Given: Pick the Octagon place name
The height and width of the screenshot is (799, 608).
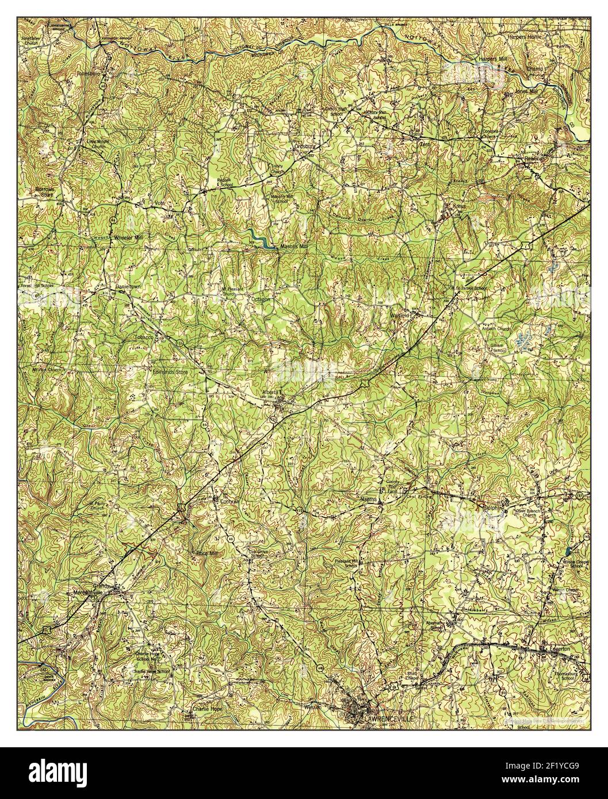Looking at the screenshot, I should click(260, 300).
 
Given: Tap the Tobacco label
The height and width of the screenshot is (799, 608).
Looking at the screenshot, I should click(143, 337).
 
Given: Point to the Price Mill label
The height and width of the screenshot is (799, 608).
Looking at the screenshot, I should click(207, 552).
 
